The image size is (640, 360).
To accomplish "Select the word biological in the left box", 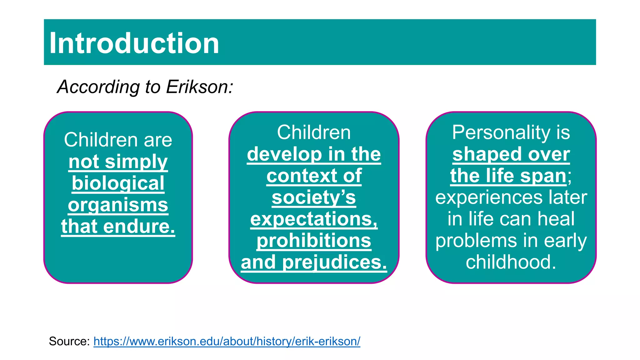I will (118, 183).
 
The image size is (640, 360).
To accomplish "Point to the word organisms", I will (118, 205).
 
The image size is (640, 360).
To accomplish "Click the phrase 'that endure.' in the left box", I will (118, 226).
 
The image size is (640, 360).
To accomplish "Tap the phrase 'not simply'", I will (118, 162).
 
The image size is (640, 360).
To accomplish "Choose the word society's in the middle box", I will (314, 197).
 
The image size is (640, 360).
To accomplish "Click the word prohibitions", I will (314, 241).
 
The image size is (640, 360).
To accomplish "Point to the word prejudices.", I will (334, 262).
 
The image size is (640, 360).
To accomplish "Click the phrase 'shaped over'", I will (511, 154).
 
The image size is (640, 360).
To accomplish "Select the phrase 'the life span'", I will (508, 176).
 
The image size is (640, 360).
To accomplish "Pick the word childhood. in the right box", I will (511, 262).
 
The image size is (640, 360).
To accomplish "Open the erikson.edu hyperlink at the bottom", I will (227, 341).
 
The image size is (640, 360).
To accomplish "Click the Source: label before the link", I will (69, 341).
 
